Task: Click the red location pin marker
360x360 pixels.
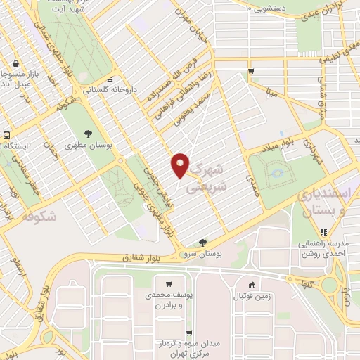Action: coord(181,165)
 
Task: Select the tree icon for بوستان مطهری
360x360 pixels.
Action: coord(89,133)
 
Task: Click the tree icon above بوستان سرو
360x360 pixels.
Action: coord(203,242)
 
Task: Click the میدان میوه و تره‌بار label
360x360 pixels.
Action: coord(188,346)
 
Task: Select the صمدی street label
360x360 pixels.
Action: coord(250,186)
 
